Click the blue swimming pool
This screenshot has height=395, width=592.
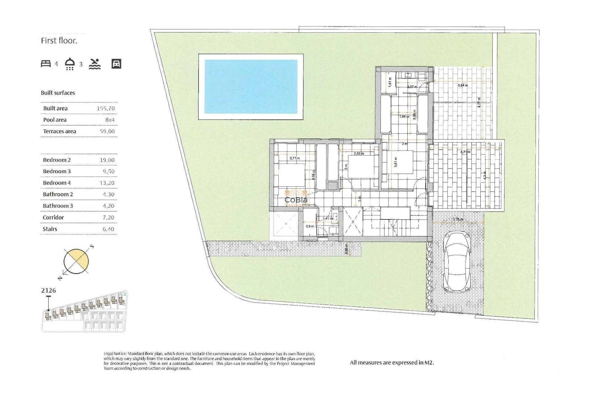click(x=251, y=87)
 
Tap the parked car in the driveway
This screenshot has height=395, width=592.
click(x=457, y=262)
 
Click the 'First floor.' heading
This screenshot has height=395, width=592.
click(x=59, y=41)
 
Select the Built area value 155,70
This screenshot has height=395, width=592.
click(x=106, y=108)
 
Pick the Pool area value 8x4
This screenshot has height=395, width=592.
click(x=110, y=120)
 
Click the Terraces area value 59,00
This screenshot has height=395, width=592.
click(x=107, y=131)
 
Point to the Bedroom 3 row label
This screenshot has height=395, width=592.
click(x=57, y=171)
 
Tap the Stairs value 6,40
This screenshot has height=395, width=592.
click(x=108, y=229)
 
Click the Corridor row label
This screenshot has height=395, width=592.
click(x=53, y=218)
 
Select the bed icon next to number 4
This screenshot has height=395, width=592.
click(x=46, y=64)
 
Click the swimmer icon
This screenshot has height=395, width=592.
click(x=95, y=64)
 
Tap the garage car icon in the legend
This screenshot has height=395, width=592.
click(x=116, y=64)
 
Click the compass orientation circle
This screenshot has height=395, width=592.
click(x=76, y=261)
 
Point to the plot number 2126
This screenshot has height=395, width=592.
click(x=49, y=290)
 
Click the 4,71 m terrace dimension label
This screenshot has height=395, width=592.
click(x=465, y=152)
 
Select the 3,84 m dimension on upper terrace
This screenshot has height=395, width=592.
click(x=462, y=85)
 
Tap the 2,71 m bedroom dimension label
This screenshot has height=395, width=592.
click(x=295, y=158)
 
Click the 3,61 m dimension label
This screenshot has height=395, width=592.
click(x=396, y=162)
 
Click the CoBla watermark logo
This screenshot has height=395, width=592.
click(x=296, y=198)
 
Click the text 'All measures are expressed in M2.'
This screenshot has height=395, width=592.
click(x=392, y=363)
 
